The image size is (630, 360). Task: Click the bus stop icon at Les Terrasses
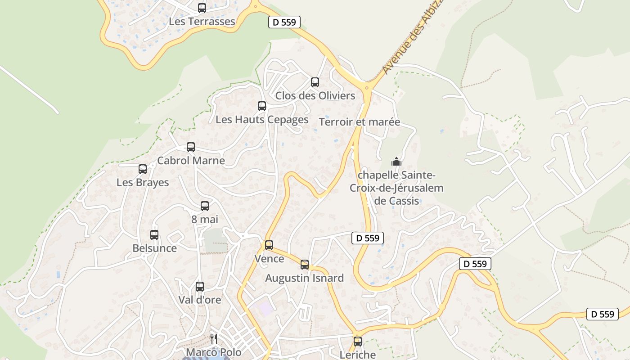[x=202, y=8]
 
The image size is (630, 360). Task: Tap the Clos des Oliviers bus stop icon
[x=315, y=82]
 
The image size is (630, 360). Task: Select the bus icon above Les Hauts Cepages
[x=262, y=106]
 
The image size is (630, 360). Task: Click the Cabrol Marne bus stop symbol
[x=191, y=147]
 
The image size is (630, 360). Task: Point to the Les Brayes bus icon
[x=143, y=169]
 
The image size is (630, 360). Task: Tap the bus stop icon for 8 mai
[x=205, y=206]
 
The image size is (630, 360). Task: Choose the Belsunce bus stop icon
[x=154, y=235]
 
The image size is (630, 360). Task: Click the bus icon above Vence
[x=269, y=245]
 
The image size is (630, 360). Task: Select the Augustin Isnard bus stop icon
[x=305, y=265]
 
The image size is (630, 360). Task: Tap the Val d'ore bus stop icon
[x=200, y=287]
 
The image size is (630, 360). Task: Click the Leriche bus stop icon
[x=358, y=342]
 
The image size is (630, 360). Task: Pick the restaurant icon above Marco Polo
[x=214, y=339]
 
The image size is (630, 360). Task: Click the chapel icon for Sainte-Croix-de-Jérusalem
[x=396, y=161]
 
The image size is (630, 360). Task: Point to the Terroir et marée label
[x=360, y=122]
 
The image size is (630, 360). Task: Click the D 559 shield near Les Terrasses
[x=284, y=22]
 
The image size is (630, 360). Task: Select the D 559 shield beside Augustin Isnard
[x=368, y=238]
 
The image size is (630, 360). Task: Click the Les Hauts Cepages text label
[x=262, y=120]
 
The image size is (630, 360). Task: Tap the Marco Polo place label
[x=214, y=352]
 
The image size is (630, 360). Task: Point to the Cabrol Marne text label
[x=191, y=161]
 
